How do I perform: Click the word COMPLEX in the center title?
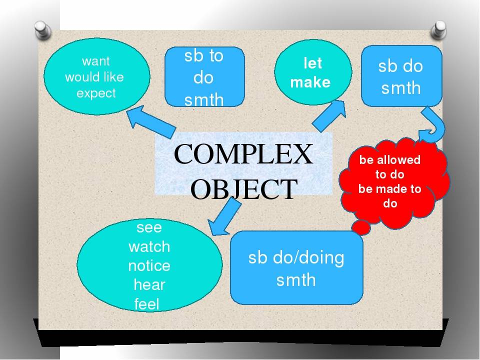pyautogui.click(x=243, y=154)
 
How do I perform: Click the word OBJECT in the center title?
pyautogui.click(x=244, y=189)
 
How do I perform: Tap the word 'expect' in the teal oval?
pyautogui.click(x=96, y=93)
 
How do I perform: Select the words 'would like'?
pyautogui.click(x=94, y=77)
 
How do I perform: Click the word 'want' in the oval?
pyautogui.click(x=96, y=61)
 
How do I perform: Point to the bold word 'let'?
pyautogui.click(x=312, y=63)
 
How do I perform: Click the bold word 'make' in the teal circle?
pyautogui.click(x=310, y=82)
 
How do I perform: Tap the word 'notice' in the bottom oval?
pyautogui.click(x=149, y=265)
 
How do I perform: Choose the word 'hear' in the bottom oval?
pyautogui.click(x=149, y=284)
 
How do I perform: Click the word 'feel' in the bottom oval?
pyautogui.click(x=147, y=304)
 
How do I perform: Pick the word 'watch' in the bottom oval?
pyautogui.click(x=149, y=246)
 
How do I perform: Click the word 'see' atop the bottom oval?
pyautogui.click(x=149, y=227)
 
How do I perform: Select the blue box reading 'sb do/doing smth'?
pyautogui.click(x=296, y=268)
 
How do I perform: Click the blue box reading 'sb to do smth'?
pyautogui.click(x=204, y=77)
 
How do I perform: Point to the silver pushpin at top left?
pyautogui.click(x=42, y=30)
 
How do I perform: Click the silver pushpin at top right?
pyautogui.click(x=438, y=30)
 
